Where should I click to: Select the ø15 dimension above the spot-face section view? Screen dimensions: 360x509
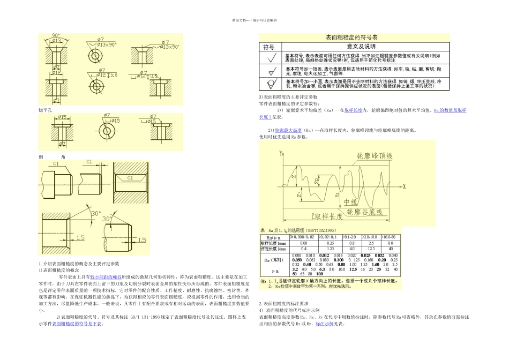click(61, 116)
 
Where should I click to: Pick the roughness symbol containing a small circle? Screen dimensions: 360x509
click(272, 84)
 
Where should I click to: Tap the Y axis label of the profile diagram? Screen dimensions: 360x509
click(280, 153)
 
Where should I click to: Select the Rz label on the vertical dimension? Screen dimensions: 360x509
click(336, 195)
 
